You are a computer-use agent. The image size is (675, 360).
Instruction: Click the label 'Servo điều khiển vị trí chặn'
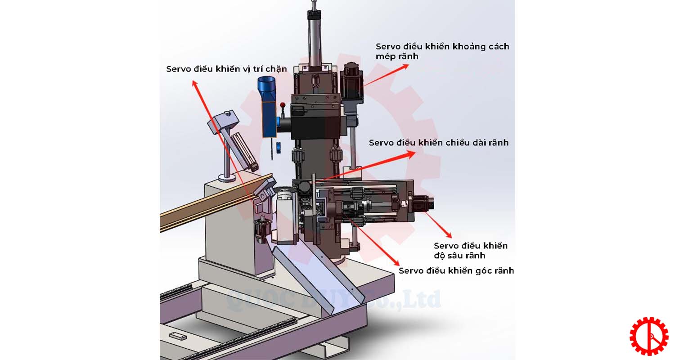click(226, 69)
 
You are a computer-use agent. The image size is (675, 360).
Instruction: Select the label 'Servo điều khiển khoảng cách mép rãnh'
click(442, 51)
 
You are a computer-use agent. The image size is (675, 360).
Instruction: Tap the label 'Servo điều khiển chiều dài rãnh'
click(439, 143)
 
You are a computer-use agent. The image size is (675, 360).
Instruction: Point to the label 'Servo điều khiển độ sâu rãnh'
click(471, 251)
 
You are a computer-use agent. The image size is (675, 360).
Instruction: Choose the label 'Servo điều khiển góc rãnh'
click(456, 271)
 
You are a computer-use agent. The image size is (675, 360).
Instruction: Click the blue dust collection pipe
click(269, 108)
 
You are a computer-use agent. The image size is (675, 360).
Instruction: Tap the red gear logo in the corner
click(649, 336)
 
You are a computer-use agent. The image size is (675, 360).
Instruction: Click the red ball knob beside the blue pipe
click(283, 106)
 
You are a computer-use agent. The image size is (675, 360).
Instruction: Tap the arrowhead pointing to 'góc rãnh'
click(396, 263)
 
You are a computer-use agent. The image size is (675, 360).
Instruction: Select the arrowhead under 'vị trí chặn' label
click(194, 82)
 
